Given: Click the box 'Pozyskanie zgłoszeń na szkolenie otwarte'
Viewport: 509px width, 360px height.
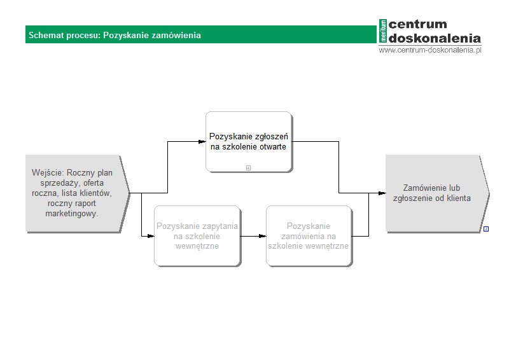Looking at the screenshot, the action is point(249,142).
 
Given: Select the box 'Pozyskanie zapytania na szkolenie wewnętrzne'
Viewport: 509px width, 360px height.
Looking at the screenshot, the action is point(197,236).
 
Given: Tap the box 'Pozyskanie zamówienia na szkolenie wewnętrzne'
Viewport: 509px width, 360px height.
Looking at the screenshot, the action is point(309,236).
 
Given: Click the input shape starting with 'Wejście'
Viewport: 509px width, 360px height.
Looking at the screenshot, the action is point(77,193).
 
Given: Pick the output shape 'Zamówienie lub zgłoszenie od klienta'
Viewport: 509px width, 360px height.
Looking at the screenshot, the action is point(437,193).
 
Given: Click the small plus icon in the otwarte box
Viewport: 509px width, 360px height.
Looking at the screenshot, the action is point(248,168).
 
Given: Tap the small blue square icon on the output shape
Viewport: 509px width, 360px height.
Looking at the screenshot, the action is point(486,229).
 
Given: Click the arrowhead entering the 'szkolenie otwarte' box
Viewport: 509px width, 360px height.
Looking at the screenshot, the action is point(202,142).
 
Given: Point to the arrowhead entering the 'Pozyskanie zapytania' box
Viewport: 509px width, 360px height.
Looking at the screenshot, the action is point(151,236).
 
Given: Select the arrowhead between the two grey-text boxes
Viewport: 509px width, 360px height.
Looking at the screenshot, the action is point(263,236).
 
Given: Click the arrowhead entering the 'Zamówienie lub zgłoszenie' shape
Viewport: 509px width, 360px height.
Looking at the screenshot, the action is point(382,193).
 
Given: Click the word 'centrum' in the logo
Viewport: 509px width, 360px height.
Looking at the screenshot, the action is point(418,24).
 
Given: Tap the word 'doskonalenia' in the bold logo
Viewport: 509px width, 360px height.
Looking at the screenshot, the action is point(435,38).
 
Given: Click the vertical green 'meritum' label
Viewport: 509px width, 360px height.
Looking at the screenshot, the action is point(383,31).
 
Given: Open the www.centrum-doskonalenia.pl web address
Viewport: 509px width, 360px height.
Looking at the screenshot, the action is point(430,50).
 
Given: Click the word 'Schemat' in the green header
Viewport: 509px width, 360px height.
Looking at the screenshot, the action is point(46,35).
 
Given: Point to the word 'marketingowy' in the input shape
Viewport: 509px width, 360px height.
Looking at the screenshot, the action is point(71,214).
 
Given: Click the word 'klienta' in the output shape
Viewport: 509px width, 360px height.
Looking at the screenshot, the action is point(459,198).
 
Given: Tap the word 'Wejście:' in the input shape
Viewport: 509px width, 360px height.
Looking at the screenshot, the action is point(48,173).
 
